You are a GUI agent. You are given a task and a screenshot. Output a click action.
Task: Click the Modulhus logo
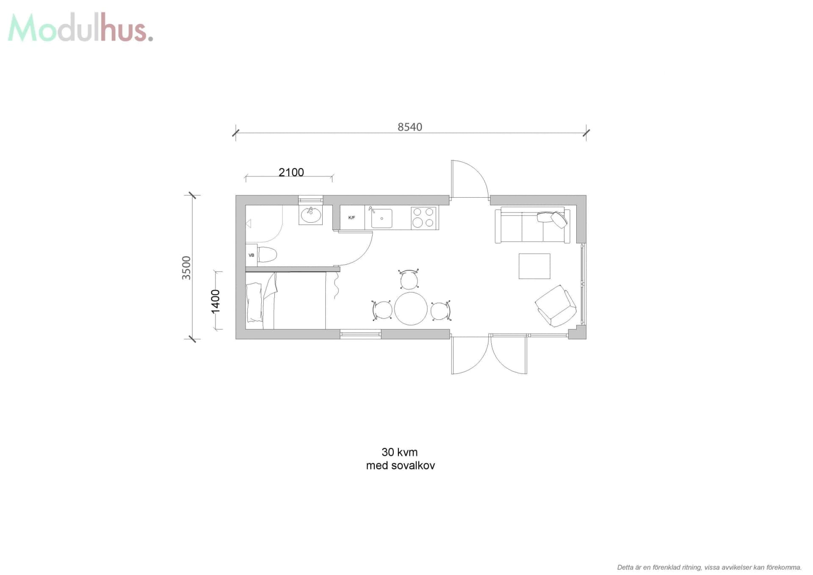click(x=80, y=28)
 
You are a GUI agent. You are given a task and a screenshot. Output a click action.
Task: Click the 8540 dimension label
click(x=409, y=127)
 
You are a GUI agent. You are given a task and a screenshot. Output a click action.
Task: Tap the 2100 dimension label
click(x=291, y=172)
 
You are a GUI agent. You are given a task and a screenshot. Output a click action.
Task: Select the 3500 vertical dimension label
click(x=186, y=268)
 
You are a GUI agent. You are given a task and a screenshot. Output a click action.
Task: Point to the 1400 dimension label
click(x=216, y=301)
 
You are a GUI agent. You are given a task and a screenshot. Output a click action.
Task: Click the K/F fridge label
click(x=351, y=218)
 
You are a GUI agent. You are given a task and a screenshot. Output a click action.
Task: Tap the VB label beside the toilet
click(x=251, y=255)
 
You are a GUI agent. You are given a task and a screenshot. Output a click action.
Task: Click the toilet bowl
click(x=267, y=255)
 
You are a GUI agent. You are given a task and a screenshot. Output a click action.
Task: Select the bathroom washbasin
click(x=310, y=216)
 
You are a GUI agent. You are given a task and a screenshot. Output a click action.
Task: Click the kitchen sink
click(x=381, y=218)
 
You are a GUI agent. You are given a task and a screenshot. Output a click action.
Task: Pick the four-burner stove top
click(x=423, y=218)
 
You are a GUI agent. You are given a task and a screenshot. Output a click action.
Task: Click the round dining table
click(x=411, y=309)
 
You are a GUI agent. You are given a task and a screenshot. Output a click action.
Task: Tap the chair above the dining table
click(x=409, y=279)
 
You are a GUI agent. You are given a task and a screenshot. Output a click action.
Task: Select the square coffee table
click(x=534, y=266)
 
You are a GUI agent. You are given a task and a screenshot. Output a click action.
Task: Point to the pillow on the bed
click(x=254, y=302)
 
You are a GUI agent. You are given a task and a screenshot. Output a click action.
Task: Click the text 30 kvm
click(x=399, y=452)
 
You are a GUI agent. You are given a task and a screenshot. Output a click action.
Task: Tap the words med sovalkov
click(x=400, y=466)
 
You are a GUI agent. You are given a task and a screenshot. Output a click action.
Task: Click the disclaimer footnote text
click(x=709, y=567)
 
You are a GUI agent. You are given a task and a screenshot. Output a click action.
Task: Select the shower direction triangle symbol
click(x=249, y=223)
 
